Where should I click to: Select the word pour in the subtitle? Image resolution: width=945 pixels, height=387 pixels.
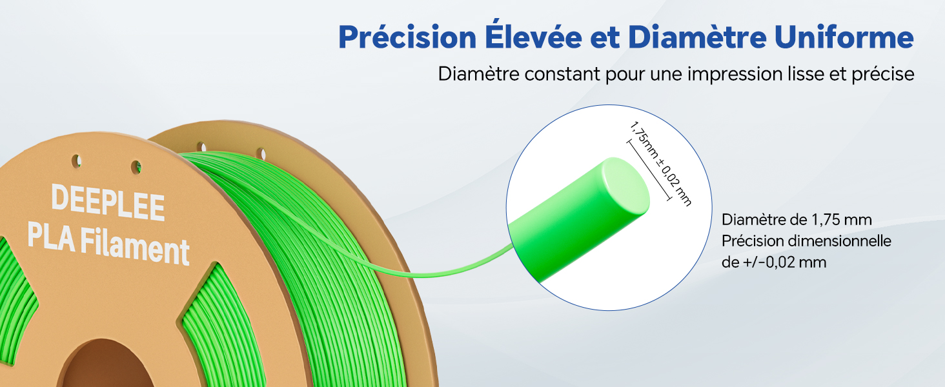pyautogui.click(x=624, y=74)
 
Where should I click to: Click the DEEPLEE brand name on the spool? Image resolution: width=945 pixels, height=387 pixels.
pyautogui.click(x=108, y=201)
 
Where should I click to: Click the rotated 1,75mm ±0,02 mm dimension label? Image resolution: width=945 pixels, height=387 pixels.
pyautogui.click(x=659, y=164)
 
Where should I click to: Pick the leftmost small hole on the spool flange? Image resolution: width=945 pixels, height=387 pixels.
pyautogui.click(x=76, y=157)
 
